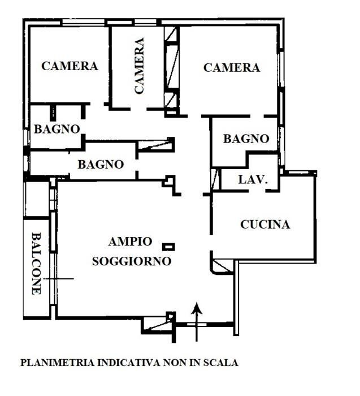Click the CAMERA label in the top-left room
click(70, 66)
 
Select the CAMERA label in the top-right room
click(231, 68)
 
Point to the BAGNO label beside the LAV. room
click(245, 139)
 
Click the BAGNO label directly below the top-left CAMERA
click(57, 129)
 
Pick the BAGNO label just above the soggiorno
click(101, 165)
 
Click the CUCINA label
click(265, 225)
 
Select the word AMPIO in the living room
click(130, 242)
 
